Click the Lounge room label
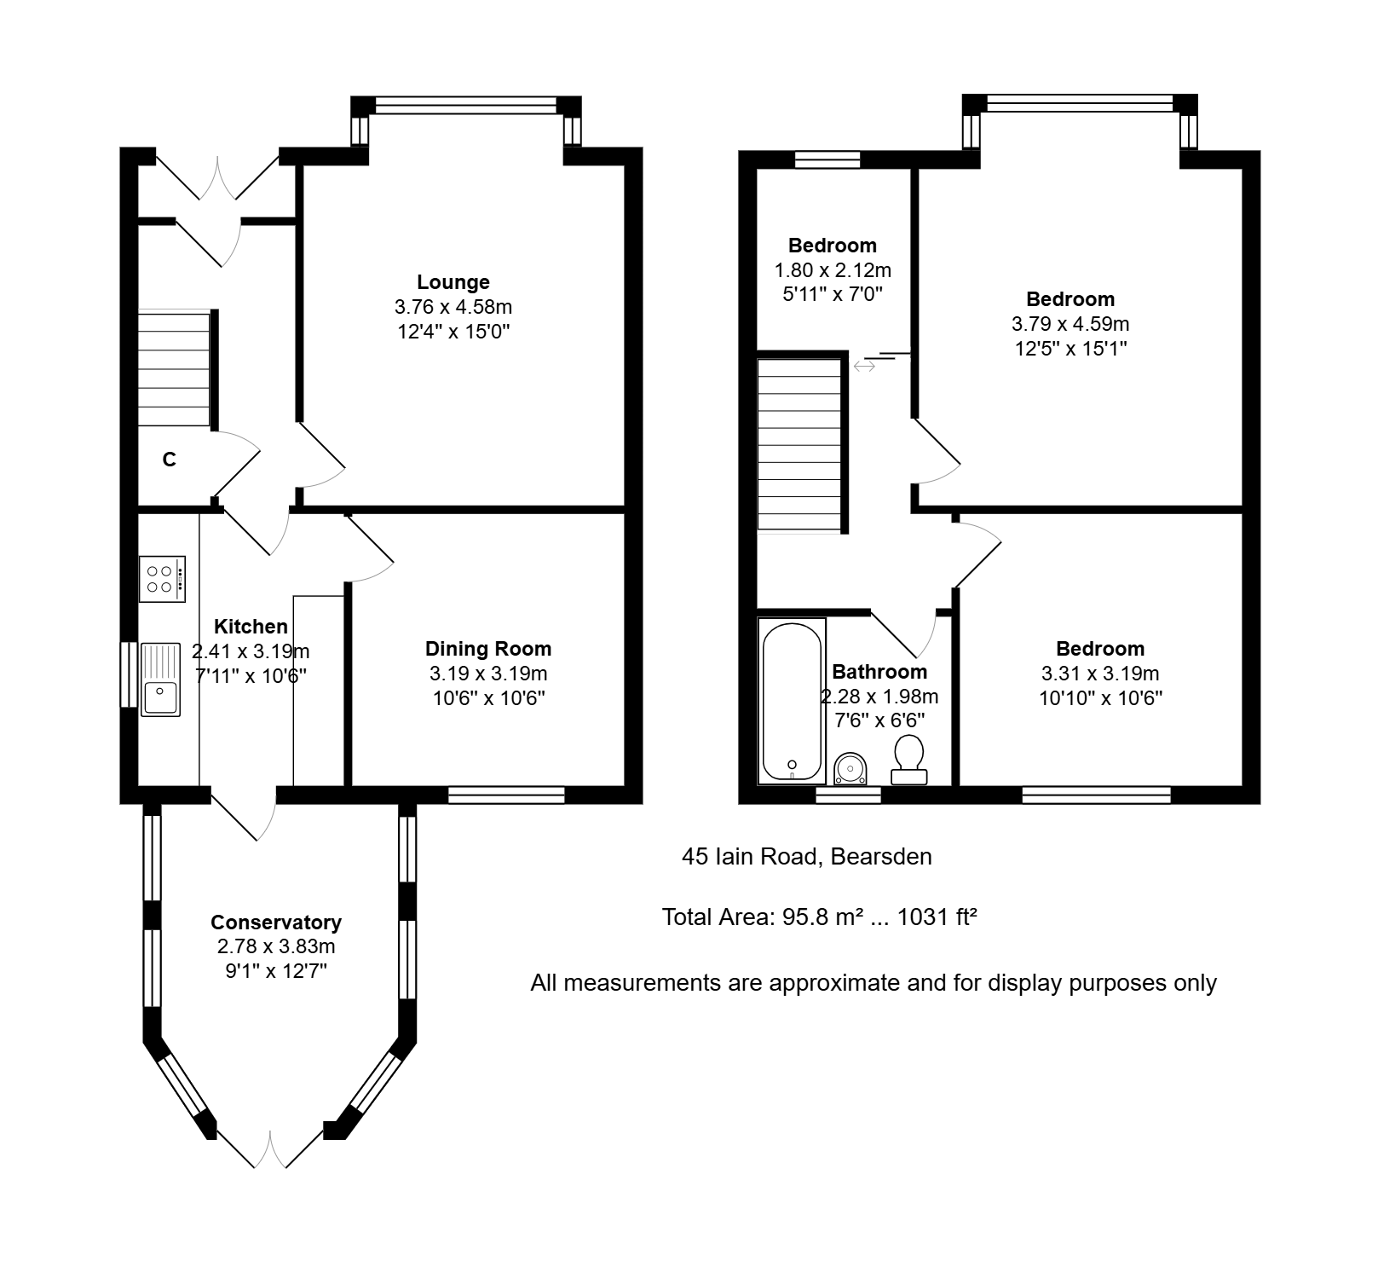453,282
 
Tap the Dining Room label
488,649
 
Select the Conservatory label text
276,923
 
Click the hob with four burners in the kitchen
162,579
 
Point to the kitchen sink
160,680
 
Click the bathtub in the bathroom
792,701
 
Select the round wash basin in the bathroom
850,768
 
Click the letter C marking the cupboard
170,460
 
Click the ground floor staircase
174,367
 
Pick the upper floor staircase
799,445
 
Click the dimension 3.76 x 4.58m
453,307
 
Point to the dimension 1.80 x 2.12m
833,270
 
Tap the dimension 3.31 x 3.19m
1100,674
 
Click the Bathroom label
879,672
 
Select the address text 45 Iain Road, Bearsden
807,856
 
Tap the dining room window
506,795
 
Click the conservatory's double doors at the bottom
270,1148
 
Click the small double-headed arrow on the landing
864,366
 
